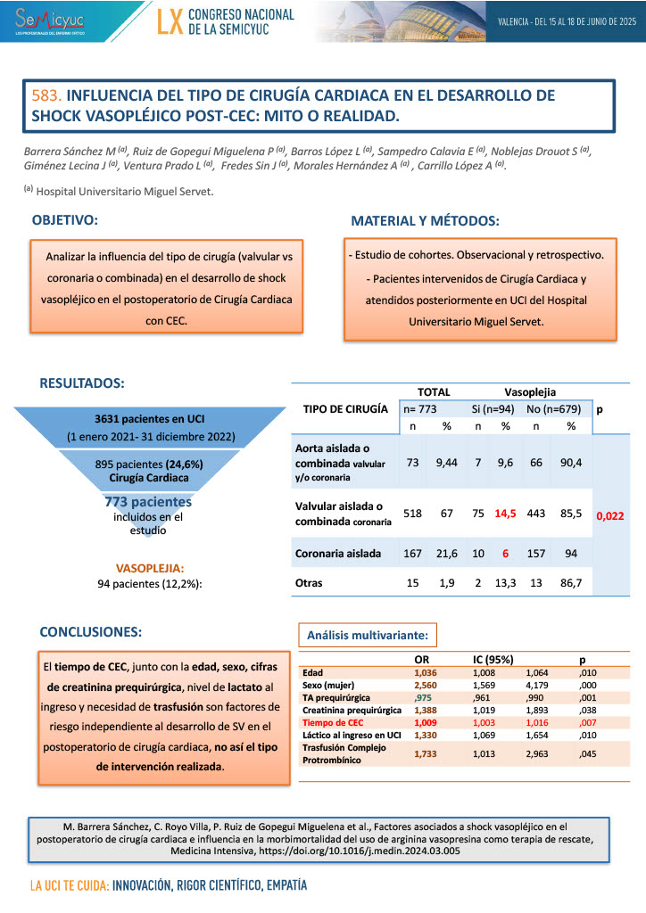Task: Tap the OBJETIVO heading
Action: [x=65, y=219]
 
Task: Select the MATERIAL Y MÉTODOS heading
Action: [x=425, y=220]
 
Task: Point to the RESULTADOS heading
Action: [x=82, y=383]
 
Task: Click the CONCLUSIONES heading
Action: [x=91, y=631]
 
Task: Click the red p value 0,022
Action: [x=610, y=515]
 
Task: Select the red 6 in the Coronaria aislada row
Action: [x=505, y=553]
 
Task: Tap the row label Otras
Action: [x=309, y=583]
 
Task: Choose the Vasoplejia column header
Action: [x=530, y=391]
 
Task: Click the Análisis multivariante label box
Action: [x=368, y=636]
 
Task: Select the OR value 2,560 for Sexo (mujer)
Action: [x=427, y=684]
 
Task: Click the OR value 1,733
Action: [x=427, y=753]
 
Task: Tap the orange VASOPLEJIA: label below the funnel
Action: [x=151, y=567]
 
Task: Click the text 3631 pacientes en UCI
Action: [x=151, y=418]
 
